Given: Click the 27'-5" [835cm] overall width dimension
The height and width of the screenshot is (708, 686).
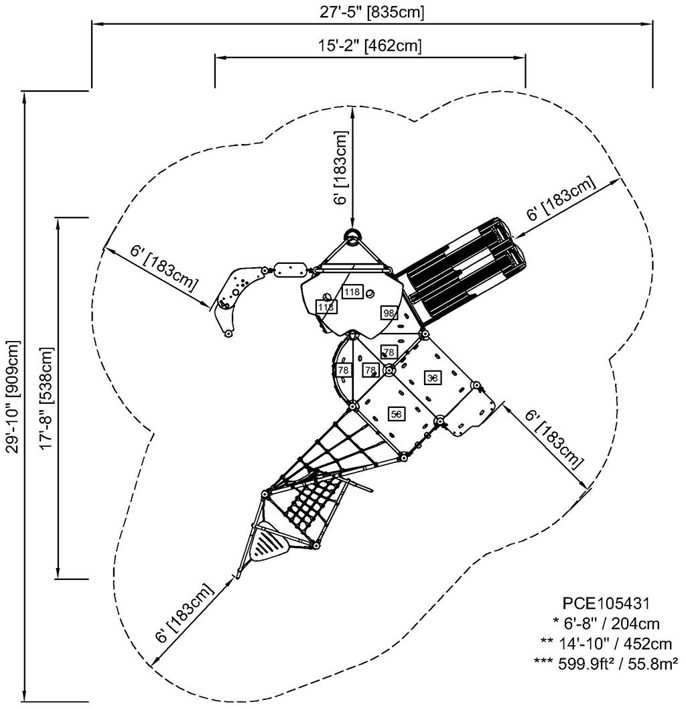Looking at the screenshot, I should tap(372, 11).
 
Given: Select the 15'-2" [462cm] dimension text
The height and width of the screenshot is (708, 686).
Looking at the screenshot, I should tap(370, 46).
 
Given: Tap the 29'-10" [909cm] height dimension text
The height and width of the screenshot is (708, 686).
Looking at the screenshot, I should tap(14, 397).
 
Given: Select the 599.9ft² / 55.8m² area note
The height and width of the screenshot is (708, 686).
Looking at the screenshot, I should tap(606, 662).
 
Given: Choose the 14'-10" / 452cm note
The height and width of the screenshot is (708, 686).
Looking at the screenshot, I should tap(606, 643).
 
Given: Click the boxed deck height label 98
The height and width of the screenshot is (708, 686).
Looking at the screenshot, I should tap(389, 313).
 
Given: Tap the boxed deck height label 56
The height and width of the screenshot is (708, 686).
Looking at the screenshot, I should tap(396, 415).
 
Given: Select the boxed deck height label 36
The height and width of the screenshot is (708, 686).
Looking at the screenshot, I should tap(433, 378).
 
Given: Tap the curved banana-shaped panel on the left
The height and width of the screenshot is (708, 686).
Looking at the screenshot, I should tap(236, 295).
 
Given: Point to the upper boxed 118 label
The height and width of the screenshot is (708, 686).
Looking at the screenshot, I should tap(352, 291).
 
